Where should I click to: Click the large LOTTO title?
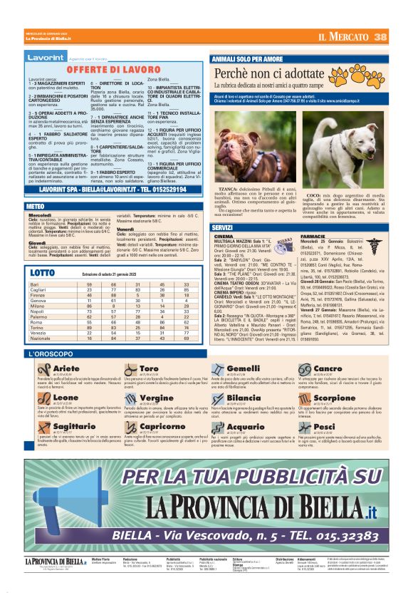[x=43, y=273]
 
